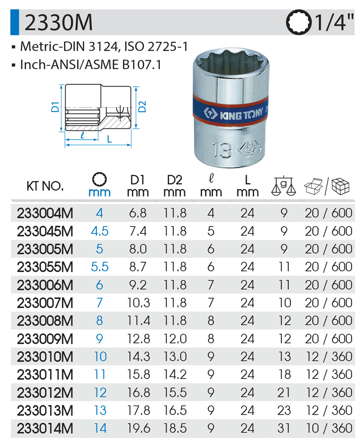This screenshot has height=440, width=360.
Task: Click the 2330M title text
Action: (58, 22)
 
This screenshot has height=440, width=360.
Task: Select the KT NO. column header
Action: (45, 186)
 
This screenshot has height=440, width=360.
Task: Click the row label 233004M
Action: (45, 213)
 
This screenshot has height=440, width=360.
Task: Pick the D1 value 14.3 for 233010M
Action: (139, 356)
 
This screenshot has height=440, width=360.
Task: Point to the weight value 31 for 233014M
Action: (284, 428)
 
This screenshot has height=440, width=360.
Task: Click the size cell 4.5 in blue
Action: (100, 231)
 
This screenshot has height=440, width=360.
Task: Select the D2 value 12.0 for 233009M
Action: (175, 339)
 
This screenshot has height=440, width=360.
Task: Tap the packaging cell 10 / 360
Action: (329, 428)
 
